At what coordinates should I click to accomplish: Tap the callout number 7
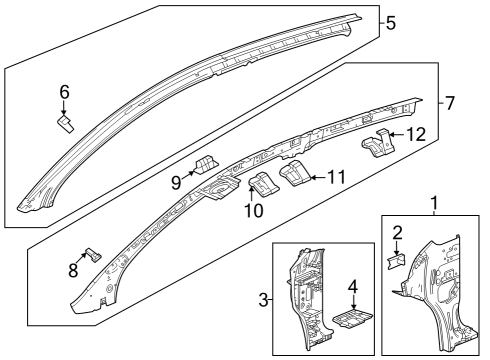[x=449, y=103]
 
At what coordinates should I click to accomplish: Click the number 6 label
[x=64, y=92]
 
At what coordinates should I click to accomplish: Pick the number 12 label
[x=419, y=134]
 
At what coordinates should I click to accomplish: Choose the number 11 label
[x=336, y=177]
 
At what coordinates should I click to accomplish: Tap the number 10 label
[x=254, y=211]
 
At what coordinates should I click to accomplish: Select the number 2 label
[x=397, y=234]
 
